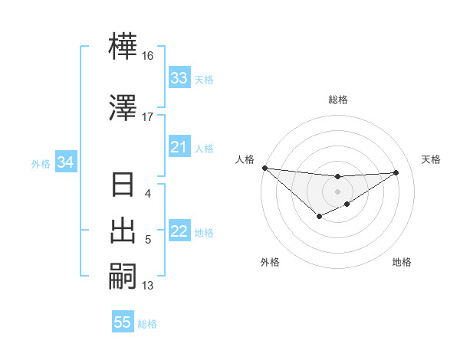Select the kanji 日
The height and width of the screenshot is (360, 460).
point(124,186)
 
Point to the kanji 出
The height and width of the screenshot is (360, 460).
point(124,231)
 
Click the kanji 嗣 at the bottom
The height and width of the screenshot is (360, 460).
point(124,276)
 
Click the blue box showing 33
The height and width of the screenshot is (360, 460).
point(179,78)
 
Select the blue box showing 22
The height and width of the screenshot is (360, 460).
point(179,232)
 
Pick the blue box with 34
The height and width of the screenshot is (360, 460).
point(65,162)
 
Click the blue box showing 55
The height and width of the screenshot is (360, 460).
point(123,322)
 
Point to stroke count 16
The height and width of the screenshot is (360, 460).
point(147,56)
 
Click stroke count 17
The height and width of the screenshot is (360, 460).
point(147,117)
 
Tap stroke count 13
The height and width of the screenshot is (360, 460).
point(148,286)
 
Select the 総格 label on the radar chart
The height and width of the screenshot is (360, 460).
point(338,100)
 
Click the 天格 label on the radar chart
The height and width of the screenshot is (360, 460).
point(432,159)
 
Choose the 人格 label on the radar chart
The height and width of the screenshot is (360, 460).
point(245,159)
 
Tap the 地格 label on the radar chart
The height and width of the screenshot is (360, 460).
point(402,263)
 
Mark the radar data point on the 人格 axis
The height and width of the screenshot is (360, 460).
point(264,168)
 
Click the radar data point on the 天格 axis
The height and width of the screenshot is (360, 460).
point(396,172)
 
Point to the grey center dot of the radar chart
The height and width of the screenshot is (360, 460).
point(337,191)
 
